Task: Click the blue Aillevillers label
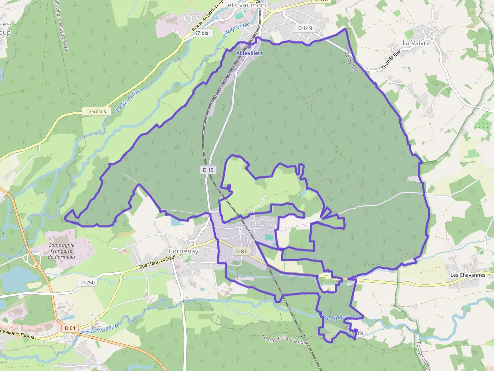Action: point(250,53)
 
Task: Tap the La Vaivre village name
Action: point(416,43)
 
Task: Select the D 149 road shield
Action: point(304,28)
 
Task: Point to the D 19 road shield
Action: point(208,170)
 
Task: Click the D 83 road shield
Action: point(241,251)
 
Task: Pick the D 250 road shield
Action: point(87,282)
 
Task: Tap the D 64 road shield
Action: point(70,328)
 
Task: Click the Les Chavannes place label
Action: point(468,275)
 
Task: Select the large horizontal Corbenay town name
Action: point(183,251)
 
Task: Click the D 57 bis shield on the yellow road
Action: point(96,111)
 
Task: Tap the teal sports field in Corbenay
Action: point(270,236)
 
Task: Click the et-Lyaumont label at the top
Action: point(247,5)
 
